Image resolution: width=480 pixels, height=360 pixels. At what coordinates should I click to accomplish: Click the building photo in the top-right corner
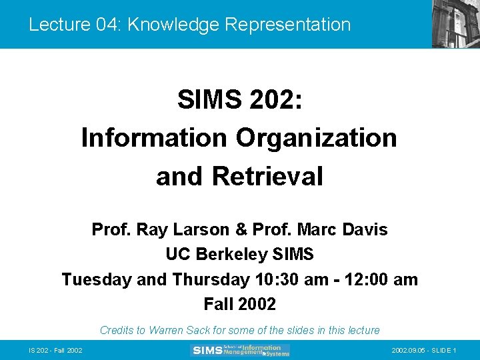click(x=455, y=24)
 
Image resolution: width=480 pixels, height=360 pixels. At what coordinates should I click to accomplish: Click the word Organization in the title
click(x=316, y=138)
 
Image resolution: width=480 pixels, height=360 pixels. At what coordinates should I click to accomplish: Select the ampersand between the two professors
click(x=241, y=230)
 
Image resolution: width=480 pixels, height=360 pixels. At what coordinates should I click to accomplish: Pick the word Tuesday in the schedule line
click(x=97, y=279)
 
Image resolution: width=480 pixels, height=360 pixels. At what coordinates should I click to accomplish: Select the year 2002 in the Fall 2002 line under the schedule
click(x=258, y=305)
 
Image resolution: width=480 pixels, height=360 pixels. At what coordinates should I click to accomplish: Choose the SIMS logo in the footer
click(x=240, y=350)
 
